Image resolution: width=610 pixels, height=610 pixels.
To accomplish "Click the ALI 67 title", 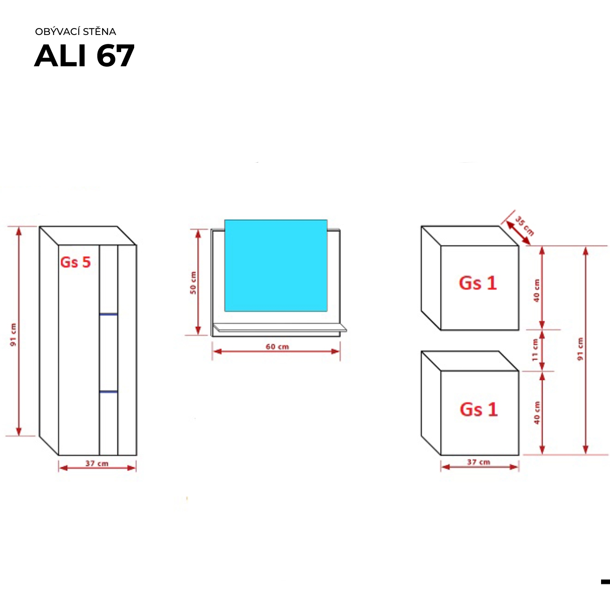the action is [84, 56].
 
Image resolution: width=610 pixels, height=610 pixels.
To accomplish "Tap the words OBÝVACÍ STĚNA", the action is [76, 32].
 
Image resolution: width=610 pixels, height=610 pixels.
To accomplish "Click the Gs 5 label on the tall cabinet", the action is [75, 262].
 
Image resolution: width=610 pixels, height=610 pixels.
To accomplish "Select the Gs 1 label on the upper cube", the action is [478, 283].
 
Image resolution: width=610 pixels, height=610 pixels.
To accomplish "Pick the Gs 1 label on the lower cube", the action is [479, 410].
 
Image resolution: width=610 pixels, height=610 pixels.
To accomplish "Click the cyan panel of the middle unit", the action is [276, 266].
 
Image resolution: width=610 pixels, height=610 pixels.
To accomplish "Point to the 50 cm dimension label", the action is [193, 283].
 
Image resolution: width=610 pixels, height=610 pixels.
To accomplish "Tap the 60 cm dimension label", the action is [277, 347].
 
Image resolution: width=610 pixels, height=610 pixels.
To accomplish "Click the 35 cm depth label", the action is [525, 226].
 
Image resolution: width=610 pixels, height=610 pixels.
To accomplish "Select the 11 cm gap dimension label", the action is [535, 350].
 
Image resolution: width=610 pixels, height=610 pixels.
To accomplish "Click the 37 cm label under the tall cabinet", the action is [97, 464].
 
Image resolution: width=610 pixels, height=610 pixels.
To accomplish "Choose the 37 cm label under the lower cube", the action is [479, 462].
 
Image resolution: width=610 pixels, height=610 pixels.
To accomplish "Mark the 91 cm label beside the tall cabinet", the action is [13, 335].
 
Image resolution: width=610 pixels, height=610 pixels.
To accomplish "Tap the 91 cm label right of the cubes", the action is [580, 349].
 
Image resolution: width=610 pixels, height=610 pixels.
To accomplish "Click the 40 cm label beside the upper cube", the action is [537, 290].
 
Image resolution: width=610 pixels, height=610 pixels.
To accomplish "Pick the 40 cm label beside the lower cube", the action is [537, 413].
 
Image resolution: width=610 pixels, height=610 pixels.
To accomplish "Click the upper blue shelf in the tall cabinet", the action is [109, 314].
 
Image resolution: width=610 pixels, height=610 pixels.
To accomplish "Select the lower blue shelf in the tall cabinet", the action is [109, 392].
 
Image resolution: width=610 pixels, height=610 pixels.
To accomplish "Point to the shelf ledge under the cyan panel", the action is [280, 327].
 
